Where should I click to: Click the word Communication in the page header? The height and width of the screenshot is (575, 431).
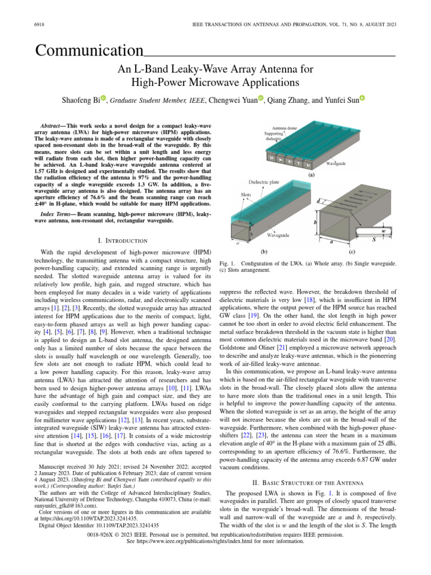click(x=89, y=51)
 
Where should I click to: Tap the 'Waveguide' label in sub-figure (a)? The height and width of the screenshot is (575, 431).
click(x=339, y=163)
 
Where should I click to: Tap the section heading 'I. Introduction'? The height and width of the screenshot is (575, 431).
click(x=122, y=241)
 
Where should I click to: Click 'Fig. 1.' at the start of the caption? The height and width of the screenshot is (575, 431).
click(x=227, y=263)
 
